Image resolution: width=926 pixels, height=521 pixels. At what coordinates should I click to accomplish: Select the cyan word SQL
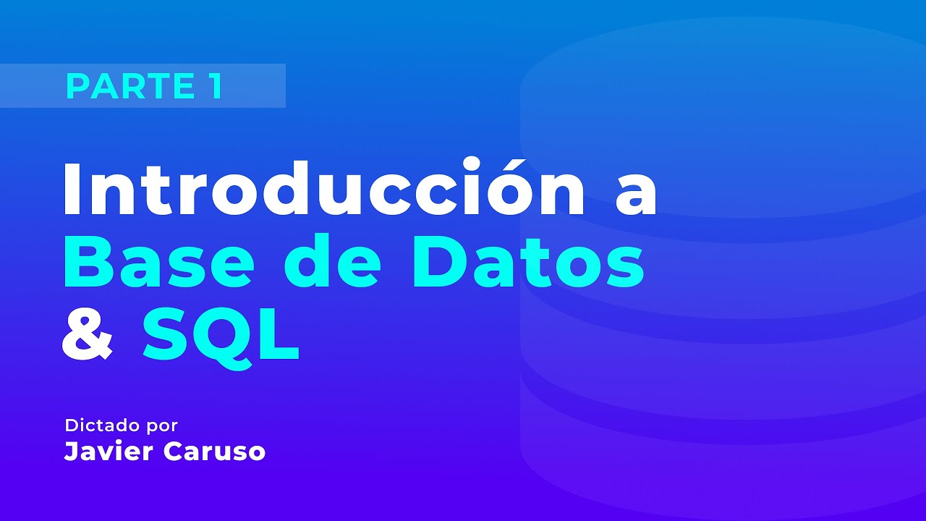220,334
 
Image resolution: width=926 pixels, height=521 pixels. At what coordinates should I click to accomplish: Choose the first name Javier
108,452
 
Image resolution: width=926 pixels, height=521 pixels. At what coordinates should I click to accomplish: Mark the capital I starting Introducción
72,190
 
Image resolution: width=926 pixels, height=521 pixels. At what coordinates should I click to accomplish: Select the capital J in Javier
71,452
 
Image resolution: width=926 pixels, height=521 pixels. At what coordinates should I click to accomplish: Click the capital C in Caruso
174,452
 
